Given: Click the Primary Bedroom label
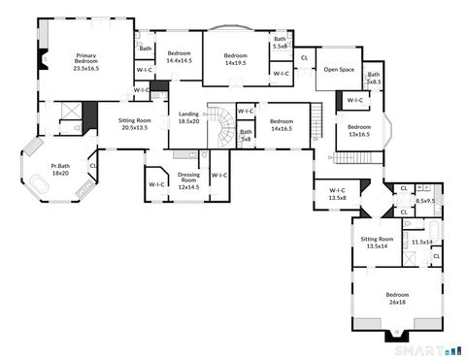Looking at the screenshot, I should point(86,63).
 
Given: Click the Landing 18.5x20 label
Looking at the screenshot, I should point(188,118).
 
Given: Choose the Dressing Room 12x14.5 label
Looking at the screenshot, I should point(188,180).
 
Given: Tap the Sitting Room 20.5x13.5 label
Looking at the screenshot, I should point(133,123).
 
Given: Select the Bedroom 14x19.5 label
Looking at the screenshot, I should point(236,59).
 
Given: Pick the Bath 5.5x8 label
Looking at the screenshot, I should point(280,43).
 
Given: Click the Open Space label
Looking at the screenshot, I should point(338,70).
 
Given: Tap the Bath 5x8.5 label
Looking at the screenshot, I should point(374,79).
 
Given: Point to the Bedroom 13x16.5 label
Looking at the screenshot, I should point(359,131).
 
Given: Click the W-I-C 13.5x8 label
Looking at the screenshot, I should point(338,193).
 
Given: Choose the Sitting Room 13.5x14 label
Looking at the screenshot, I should point(377,242).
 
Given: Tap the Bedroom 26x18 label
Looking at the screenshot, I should point(397,298).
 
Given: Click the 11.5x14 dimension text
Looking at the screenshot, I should point(421,243).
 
